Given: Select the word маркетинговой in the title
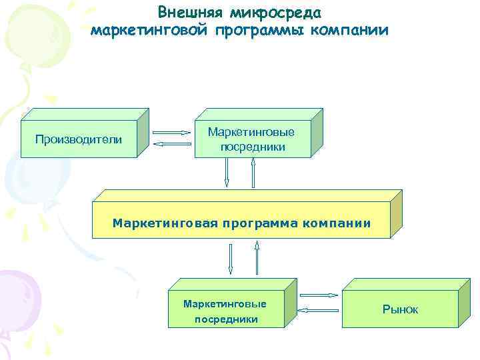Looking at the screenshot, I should (149, 31).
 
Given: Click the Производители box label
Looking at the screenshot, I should (79, 139).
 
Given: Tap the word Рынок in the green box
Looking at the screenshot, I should (400, 309).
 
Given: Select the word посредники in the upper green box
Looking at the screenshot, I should (253, 146).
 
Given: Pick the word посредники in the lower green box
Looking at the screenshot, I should (225, 319).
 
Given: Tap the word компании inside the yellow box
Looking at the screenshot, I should (336, 223).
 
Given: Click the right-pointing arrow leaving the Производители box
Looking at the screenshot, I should (171, 132).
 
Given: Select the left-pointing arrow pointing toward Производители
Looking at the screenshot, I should (171, 143).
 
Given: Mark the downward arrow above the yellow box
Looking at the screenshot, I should (227, 173).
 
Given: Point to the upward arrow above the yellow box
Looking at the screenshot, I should (253, 173).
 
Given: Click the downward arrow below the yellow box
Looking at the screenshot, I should (230, 258).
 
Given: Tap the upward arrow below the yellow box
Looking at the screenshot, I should (257, 258).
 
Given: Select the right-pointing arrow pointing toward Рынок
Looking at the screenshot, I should (319, 294).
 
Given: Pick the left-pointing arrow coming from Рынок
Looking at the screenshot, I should (318, 309).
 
